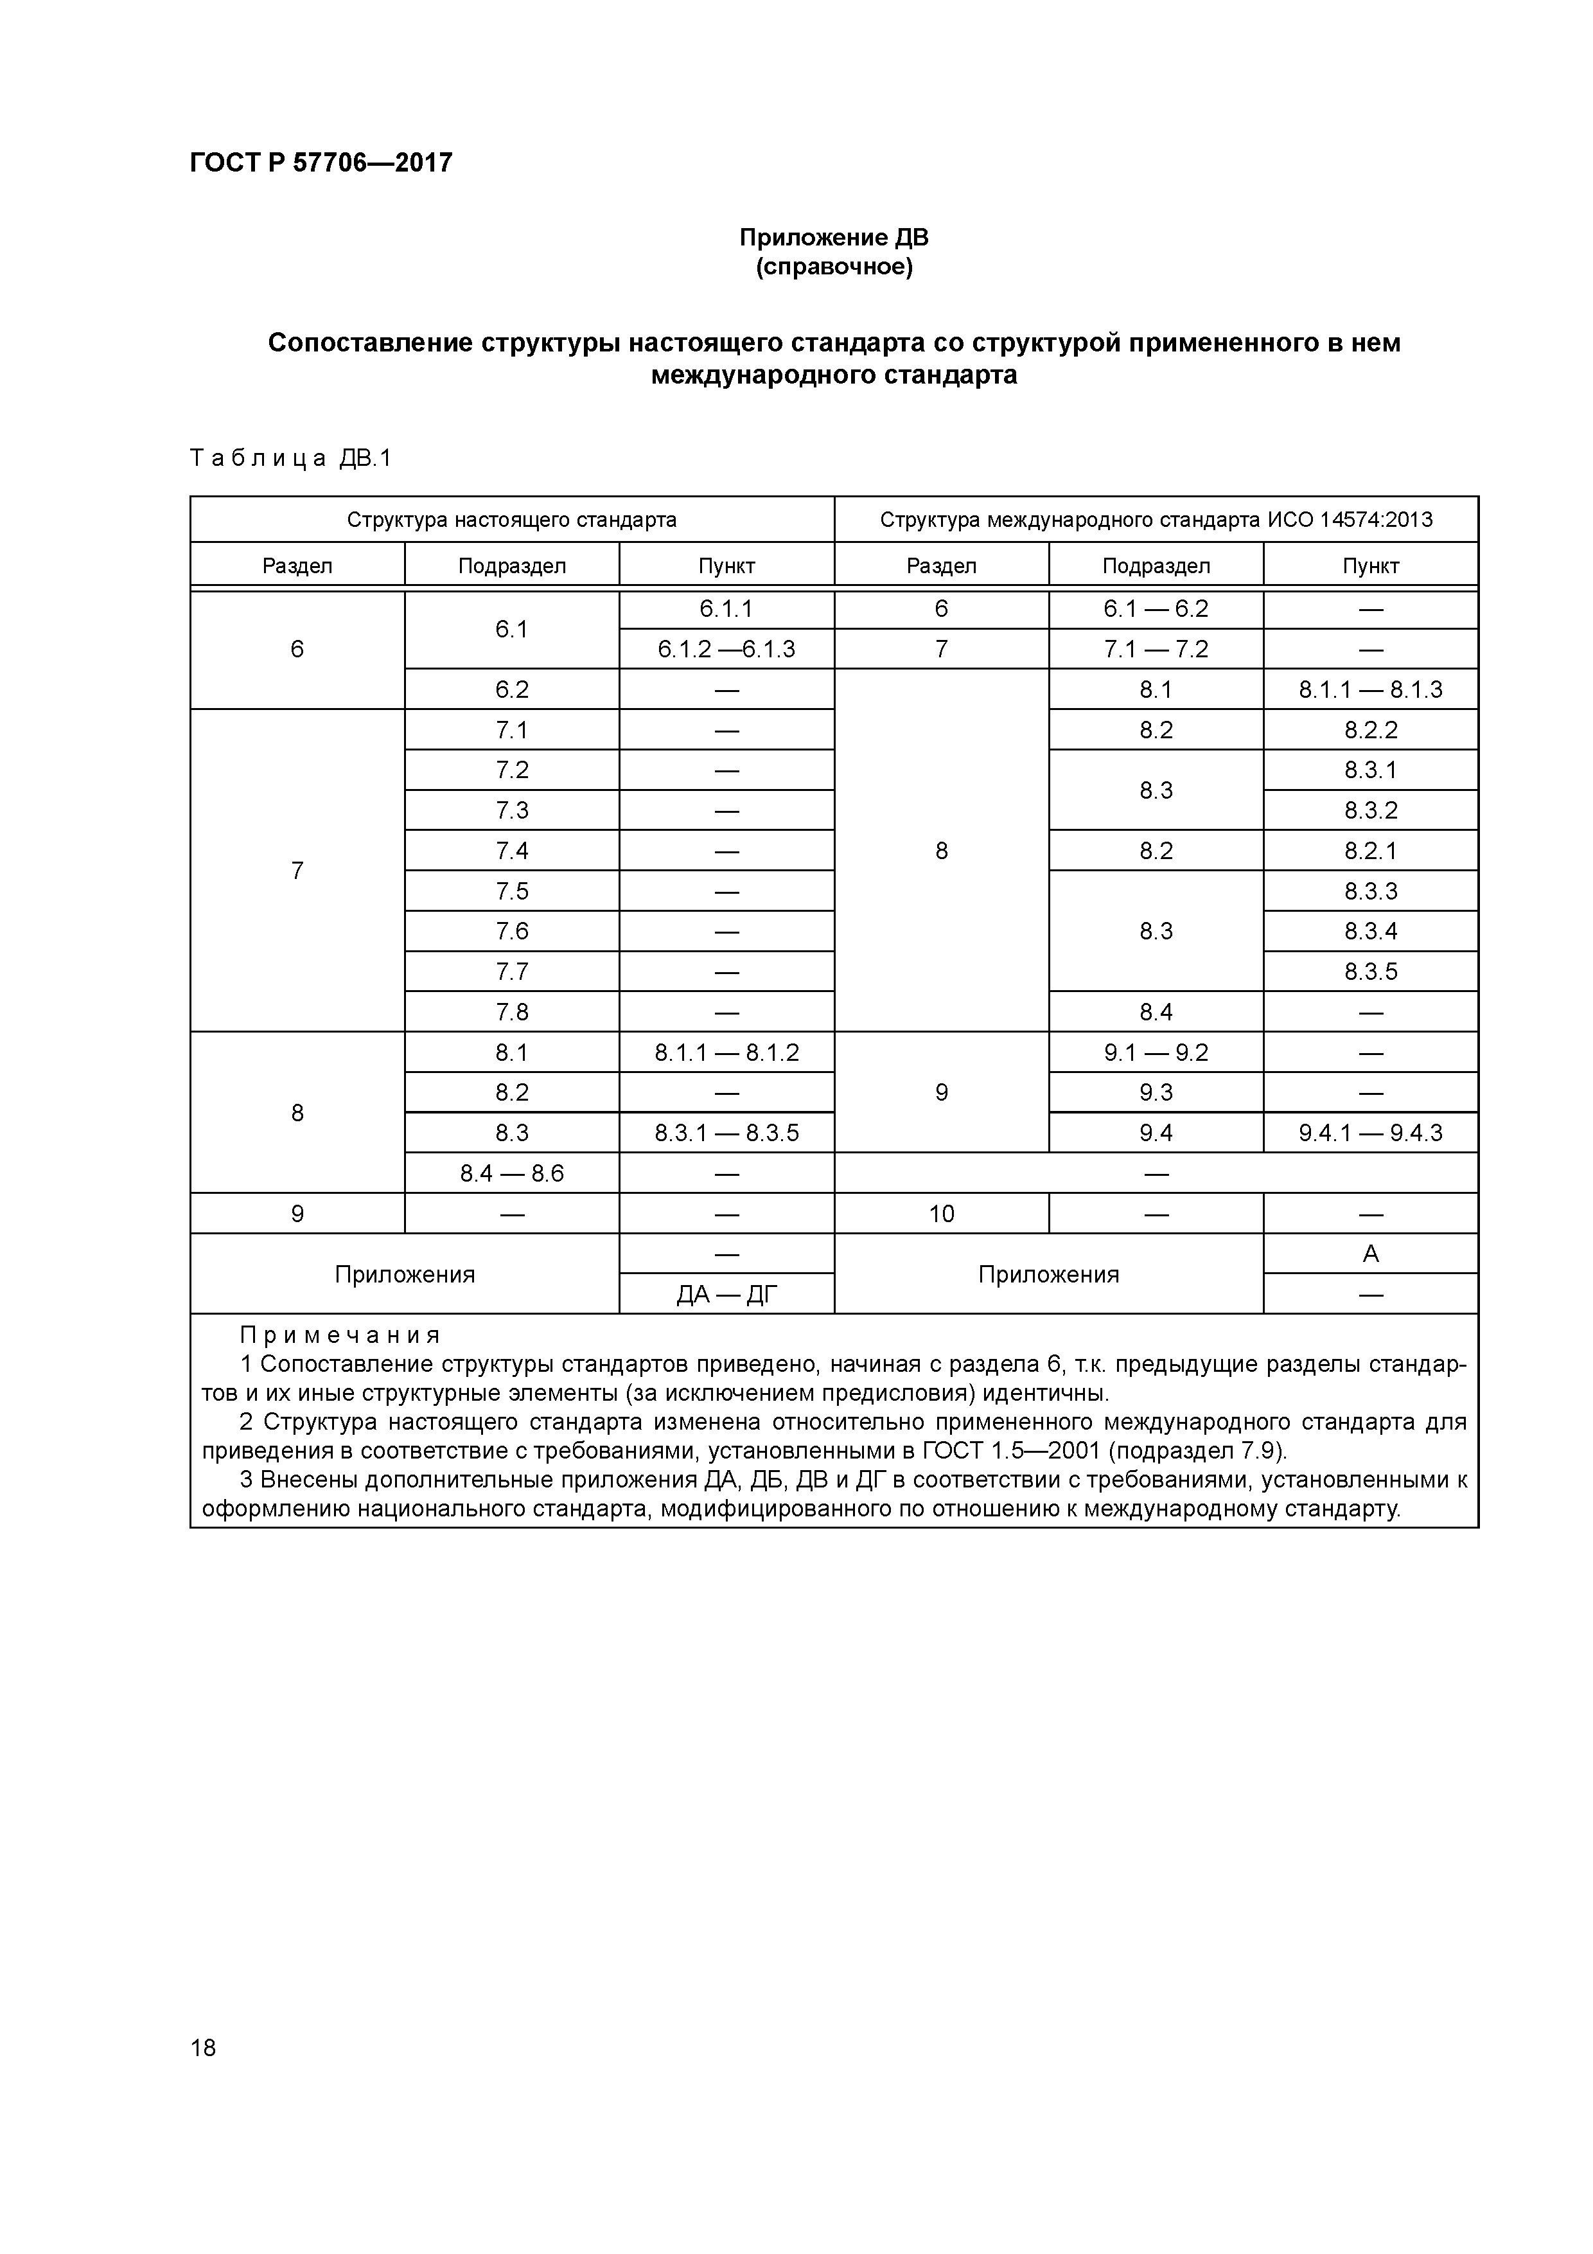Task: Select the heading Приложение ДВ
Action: point(833,238)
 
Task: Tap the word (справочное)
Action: point(833,267)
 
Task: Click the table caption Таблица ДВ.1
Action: point(290,459)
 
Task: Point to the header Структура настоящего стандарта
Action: point(511,519)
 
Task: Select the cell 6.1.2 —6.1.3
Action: point(726,649)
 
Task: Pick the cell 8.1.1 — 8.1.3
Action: point(1370,689)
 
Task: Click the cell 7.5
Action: point(511,891)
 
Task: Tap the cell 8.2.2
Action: point(1370,729)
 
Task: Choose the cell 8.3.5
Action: point(1370,971)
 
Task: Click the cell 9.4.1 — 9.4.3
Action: point(1370,1133)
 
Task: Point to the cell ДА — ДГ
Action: point(726,1295)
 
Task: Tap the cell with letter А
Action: point(1370,1254)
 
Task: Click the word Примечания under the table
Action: point(340,1335)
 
